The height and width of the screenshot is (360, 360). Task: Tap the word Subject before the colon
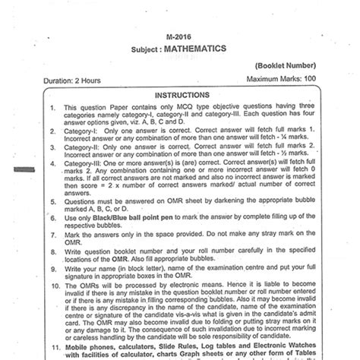click(137, 47)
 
